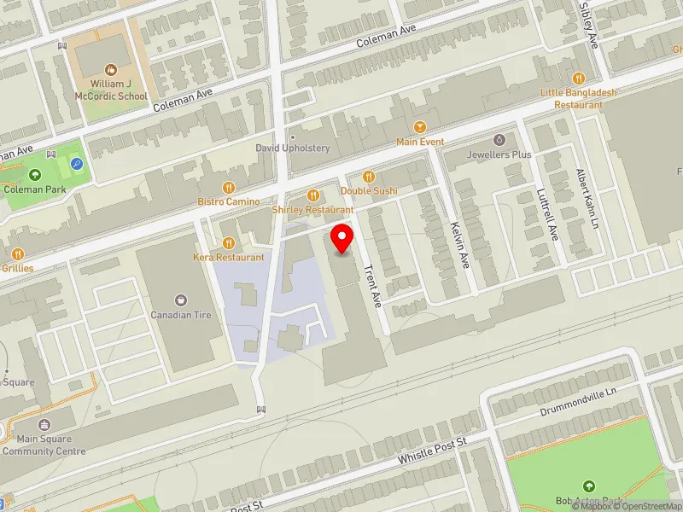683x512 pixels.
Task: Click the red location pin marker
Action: (x=342, y=237)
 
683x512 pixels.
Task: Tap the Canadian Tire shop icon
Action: (x=181, y=300)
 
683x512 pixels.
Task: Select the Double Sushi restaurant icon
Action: (x=370, y=176)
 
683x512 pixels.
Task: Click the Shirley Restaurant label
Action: (x=312, y=209)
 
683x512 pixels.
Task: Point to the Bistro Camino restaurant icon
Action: (x=229, y=187)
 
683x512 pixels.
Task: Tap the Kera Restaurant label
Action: (x=228, y=257)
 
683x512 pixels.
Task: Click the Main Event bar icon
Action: (x=420, y=126)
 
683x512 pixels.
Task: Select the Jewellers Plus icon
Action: (x=499, y=139)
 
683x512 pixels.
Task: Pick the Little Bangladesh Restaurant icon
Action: (x=578, y=78)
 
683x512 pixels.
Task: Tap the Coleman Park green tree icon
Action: (x=35, y=174)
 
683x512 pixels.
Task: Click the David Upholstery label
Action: (x=293, y=148)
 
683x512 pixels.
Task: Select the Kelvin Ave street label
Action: (x=460, y=246)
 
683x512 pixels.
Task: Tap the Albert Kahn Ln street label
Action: (x=587, y=198)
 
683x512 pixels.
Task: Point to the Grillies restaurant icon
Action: (x=18, y=253)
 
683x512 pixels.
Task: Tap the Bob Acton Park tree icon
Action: (x=588, y=486)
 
